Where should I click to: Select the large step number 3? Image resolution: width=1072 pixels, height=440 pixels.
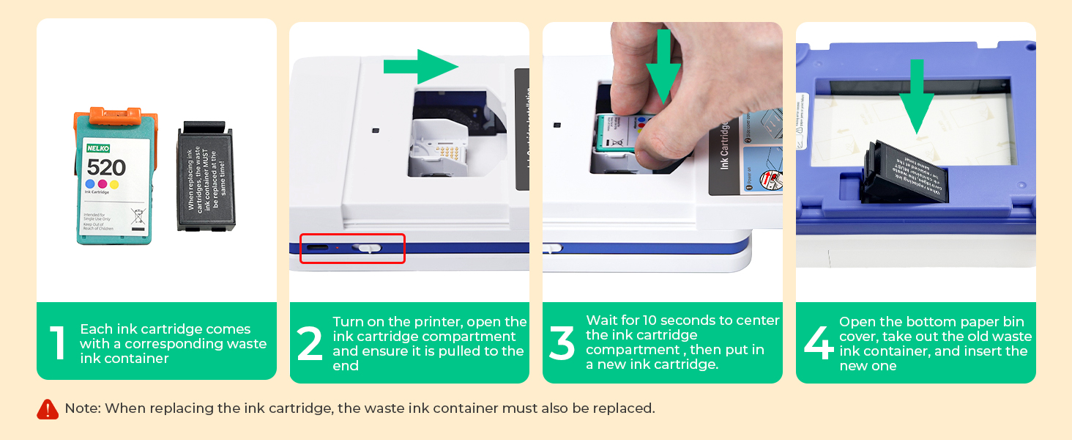coord(562,343)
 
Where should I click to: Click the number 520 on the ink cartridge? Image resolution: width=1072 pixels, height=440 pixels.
coord(106,167)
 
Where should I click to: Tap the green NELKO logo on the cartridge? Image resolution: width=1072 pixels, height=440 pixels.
coord(97,148)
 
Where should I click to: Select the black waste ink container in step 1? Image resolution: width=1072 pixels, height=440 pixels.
coord(204,178)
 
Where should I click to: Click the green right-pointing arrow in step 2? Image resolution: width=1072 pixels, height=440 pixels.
coord(420,67)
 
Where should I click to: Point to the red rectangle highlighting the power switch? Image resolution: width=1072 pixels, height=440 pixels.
coord(352,249)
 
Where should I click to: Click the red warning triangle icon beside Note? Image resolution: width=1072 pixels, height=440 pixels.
coord(48,409)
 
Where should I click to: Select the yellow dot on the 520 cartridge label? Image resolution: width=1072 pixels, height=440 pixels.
coord(114,184)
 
